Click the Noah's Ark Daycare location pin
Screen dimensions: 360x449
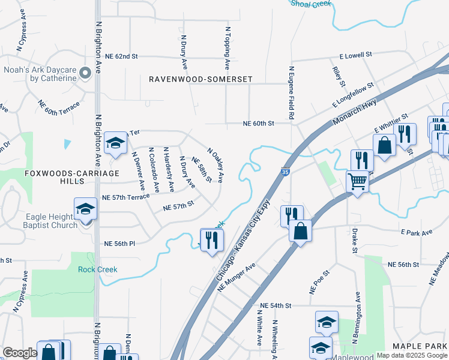pos(85,73)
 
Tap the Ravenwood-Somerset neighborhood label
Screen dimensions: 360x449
pos(200,79)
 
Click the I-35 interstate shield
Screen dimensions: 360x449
pos(285,172)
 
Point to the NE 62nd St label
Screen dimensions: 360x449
pos(121,56)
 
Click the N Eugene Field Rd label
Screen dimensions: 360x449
pos(291,92)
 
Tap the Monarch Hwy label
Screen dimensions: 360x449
pos(358,110)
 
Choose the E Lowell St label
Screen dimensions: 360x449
pos(355,55)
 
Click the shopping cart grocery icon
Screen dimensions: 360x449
pos(358,181)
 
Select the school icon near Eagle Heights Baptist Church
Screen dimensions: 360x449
pos(85,209)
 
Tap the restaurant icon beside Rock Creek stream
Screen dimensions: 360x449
pos(212,240)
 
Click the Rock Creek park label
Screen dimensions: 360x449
pos(98,269)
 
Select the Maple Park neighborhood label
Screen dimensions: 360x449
pos(420,346)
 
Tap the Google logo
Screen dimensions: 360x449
pos(20,353)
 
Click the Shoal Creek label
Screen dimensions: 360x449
pos(311,4)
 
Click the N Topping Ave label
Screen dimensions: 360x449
pos(228,48)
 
